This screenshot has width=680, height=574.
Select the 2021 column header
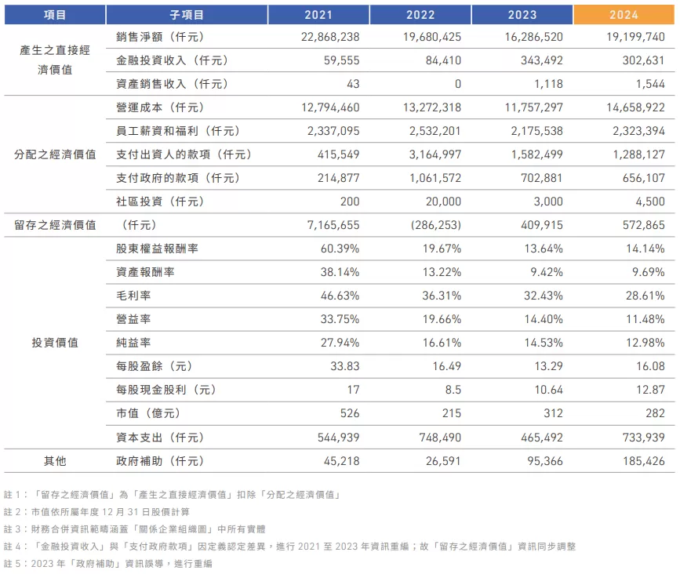tap(318, 14)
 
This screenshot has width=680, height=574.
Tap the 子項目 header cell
tap(186, 14)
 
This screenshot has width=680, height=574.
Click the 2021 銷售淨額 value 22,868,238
tap(329, 37)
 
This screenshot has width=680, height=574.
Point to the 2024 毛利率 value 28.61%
tap(642, 296)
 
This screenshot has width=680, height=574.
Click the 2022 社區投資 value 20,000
tap(442, 202)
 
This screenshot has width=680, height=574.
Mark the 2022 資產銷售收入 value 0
tap(457, 84)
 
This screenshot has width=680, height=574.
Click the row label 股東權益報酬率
tap(157, 249)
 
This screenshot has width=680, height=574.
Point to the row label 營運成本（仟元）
tap(160, 107)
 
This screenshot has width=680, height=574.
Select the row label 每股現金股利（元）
tap(165, 390)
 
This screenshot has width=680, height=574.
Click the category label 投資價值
tap(54, 343)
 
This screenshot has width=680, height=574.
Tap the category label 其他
tap(54, 460)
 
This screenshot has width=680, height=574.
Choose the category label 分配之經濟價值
tap(54, 154)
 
